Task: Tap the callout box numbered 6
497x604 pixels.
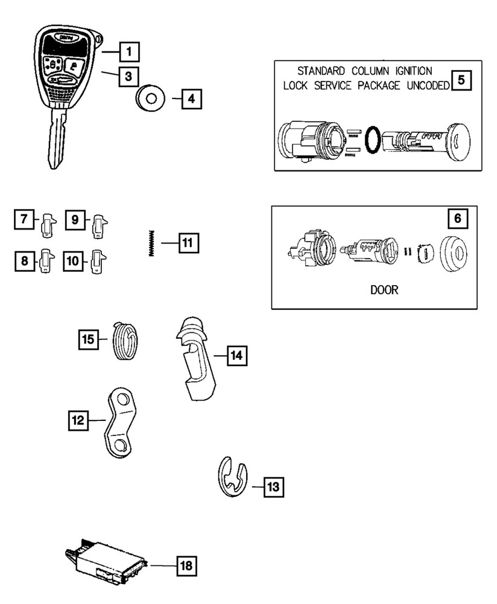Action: [x=457, y=219]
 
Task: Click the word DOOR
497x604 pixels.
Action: [x=384, y=290]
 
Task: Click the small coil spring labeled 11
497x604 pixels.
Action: [x=152, y=243]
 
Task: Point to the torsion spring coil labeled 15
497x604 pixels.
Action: [x=125, y=341]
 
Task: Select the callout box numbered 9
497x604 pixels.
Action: [x=75, y=219]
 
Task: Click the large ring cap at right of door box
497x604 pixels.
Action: [x=457, y=255]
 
